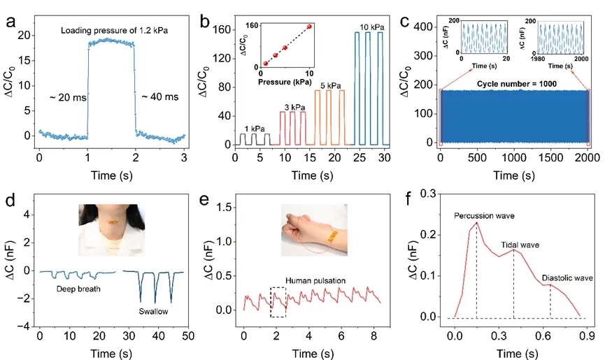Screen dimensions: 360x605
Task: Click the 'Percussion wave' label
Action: (x=483, y=215)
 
